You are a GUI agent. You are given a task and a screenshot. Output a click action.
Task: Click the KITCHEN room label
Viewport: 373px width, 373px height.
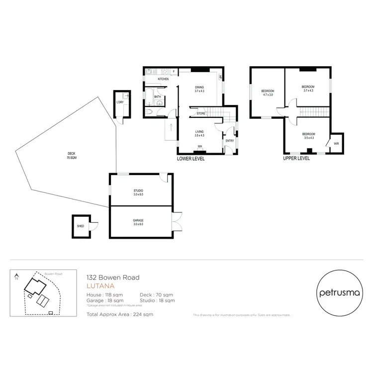pos(163,79)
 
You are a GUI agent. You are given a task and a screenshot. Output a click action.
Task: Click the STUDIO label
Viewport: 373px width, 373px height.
pos(138,192)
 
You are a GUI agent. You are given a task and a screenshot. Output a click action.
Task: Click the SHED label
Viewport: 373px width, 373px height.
pos(80,226)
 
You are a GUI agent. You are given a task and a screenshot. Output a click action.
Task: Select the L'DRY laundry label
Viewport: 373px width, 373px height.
pos(119,102)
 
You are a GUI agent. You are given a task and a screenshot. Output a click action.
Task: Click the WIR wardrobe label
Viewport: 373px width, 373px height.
pos(336,144)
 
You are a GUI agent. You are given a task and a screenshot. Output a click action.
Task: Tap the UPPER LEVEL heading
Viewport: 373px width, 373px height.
pos(296,159)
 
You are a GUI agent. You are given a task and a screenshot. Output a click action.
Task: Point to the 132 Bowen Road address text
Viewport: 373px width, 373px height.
pos(113,278)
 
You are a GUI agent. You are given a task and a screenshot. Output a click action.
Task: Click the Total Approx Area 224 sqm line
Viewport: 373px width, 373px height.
pos(120,314)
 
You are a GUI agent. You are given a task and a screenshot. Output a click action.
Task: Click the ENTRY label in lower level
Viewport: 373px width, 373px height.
pos(229,141)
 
